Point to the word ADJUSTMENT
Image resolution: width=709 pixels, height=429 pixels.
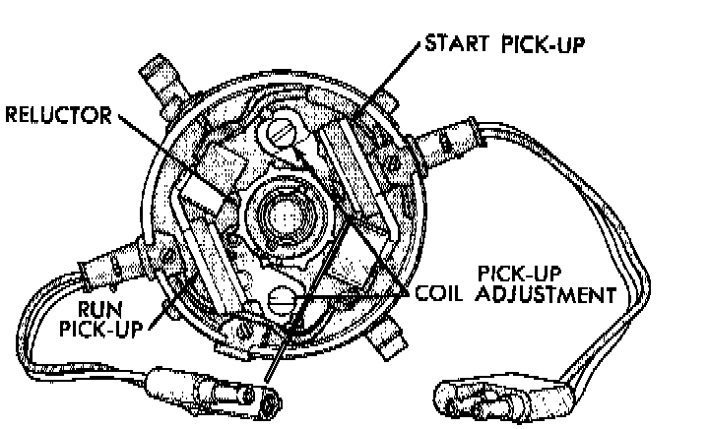[555, 293]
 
